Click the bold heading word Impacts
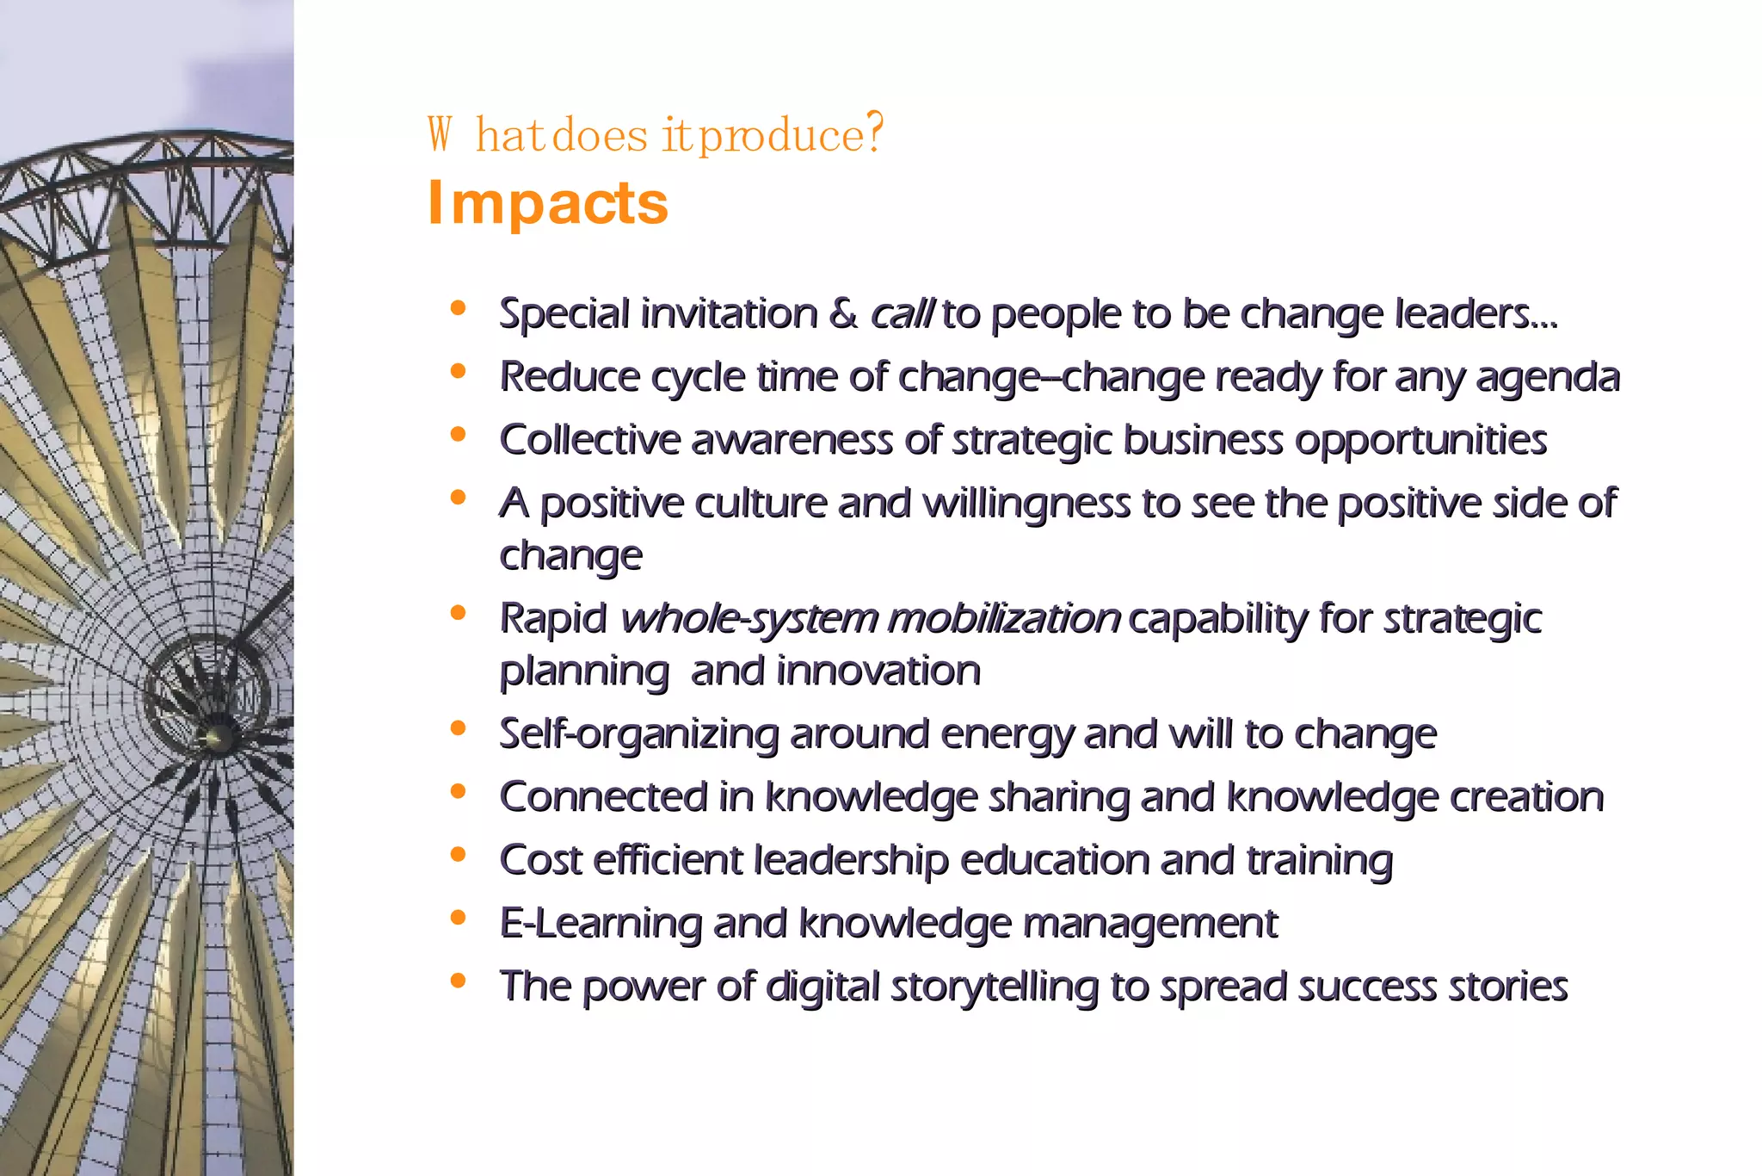point(547,203)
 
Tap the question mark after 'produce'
point(874,133)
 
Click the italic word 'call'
point(901,313)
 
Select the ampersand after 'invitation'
point(843,313)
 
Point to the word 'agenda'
point(1548,377)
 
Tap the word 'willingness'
point(1026,504)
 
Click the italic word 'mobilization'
point(1003,618)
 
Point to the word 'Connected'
point(603,797)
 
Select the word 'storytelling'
point(994,987)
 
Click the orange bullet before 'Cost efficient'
point(458,855)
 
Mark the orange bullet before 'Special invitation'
point(458,308)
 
